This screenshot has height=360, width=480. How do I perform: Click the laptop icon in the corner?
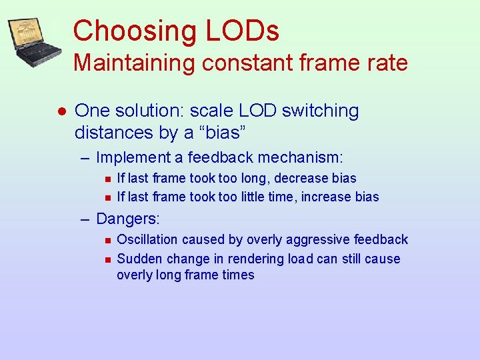[x=35, y=42]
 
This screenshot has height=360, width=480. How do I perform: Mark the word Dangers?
[x=128, y=218]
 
